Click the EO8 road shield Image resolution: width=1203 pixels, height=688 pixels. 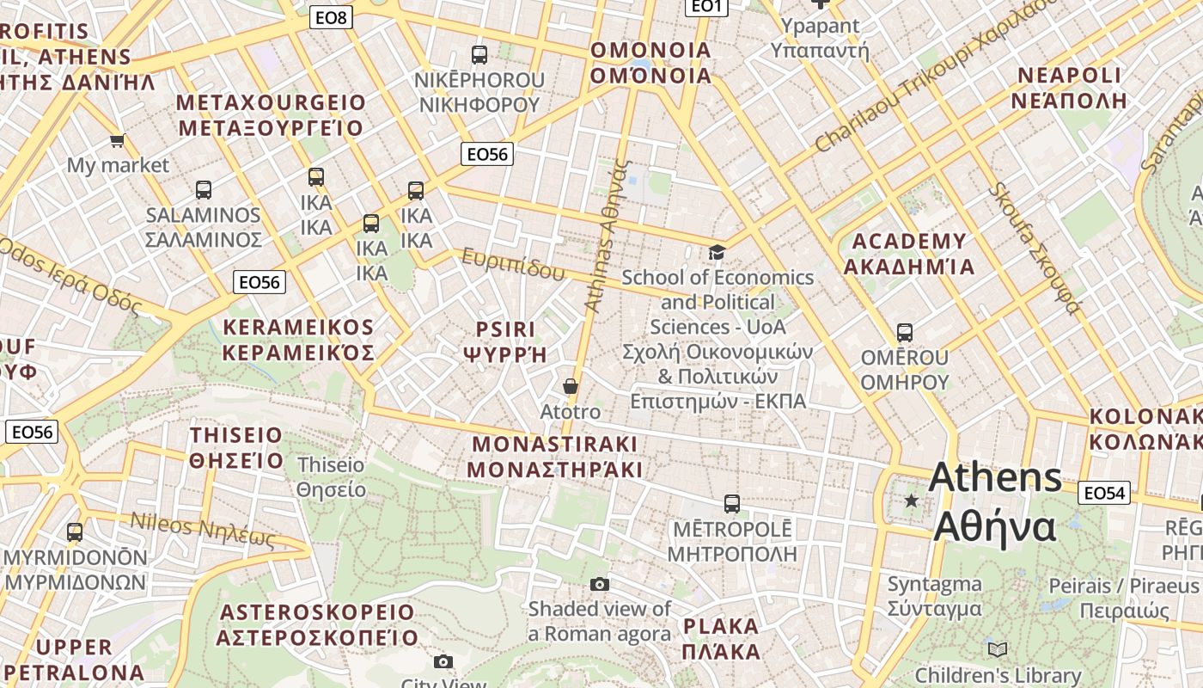click(331, 16)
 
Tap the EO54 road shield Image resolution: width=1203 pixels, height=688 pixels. click(1104, 493)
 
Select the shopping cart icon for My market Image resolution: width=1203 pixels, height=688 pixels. click(117, 140)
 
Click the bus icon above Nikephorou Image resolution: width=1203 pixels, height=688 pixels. click(479, 55)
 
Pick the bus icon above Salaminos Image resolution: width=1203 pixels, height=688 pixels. click(204, 190)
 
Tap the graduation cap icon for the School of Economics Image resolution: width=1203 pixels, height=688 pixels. click(717, 252)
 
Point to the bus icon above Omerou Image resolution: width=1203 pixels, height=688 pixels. click(904, 333)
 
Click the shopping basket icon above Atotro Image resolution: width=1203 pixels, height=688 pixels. click(570, 387)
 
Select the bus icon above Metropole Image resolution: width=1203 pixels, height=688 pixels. click(732, 503)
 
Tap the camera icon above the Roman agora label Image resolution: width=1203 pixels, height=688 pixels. click(600, 585)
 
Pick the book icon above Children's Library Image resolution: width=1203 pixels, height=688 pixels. click(997, 649)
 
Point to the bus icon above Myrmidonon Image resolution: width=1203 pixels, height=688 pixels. click(75, 532)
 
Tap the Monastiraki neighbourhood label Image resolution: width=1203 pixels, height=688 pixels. click(555, 457)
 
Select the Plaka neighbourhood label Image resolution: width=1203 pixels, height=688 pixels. click(721, 638)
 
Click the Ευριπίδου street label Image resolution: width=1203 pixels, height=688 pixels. click(514, 264)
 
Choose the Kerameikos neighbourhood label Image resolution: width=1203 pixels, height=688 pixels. click(298, 340)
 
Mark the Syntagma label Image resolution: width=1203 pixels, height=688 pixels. click(934, 596)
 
